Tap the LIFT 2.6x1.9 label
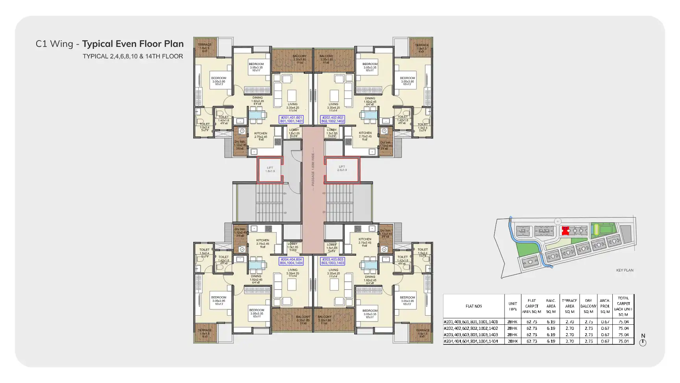(342, 168)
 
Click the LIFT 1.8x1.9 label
(270, 169)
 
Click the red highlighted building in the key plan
(565, 231)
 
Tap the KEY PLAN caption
(625, 270)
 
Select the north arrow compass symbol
(643, 342)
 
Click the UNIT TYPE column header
(512, 306)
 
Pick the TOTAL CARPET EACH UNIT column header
(623, 306)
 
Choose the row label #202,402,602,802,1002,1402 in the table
(471, 328)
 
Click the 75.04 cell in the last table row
(623, 341)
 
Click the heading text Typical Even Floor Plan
(133, 44)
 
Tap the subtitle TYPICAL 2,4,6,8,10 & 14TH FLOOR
(133, 56)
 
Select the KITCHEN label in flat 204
(262, 240)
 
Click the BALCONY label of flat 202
(326, 56)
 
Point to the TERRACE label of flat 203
(423, 330)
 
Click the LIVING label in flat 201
(292, 104)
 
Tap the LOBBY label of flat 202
(332, 130)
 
